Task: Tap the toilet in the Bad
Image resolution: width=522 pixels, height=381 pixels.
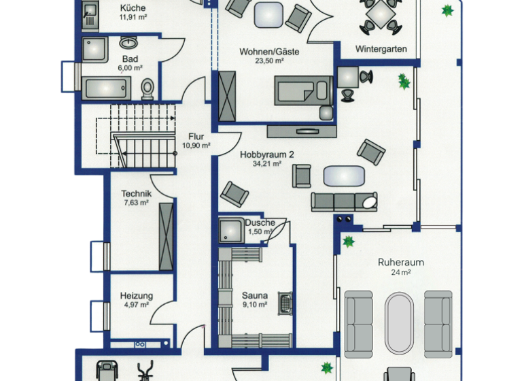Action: click(x=147, y=88)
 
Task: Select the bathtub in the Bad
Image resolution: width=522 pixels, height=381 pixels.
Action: click(x=106, y=88)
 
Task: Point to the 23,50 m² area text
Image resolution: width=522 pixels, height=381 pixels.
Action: click(x=270, y=61)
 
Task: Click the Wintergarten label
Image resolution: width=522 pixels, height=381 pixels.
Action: click(x=381, y=49)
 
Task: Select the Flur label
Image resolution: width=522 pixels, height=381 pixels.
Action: click(x=196, y=136)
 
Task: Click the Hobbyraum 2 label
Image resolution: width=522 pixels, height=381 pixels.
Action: click(x=267, y=154)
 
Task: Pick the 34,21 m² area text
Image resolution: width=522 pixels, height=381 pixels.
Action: click(x=267, y=164)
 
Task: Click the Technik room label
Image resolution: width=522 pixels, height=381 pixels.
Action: click(x=136, y=193)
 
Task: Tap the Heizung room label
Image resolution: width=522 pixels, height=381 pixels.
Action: click(x=137, y=296)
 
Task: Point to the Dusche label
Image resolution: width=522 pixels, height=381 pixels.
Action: click(x=260, y=222)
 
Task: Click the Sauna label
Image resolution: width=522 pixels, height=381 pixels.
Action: click(x=255, y=296)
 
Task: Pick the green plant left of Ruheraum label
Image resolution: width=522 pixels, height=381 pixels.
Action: click(x=349, y=241)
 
